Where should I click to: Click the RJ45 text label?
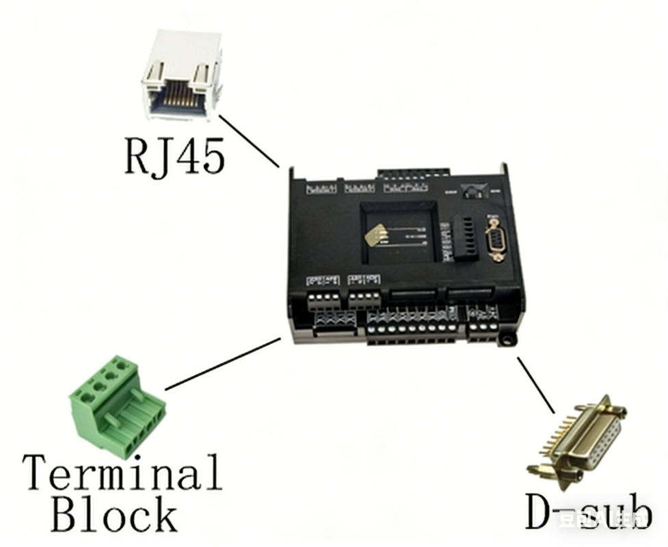point(175,156)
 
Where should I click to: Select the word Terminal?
point(123,472)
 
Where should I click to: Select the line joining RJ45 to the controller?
point(249,139)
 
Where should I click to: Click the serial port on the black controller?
point(496,237)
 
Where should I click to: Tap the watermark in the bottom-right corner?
point(602,521)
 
